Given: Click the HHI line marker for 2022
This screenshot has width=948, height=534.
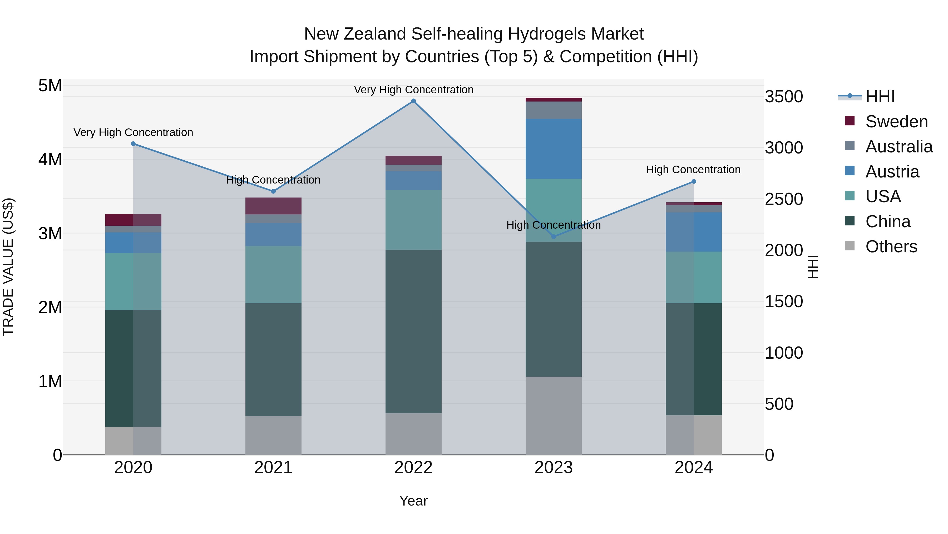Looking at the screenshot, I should [413, 101].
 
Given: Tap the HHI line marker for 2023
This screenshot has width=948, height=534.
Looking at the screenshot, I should [554, 237].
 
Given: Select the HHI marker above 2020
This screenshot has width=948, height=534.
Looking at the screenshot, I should [133, 144].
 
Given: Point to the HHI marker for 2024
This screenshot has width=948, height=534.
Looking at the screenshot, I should [694, 181].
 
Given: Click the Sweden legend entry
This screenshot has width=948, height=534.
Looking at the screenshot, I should [896, 122].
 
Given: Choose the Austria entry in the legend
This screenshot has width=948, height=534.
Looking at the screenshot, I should [892, 172].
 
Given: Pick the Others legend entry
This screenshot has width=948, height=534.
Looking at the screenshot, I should [891, 247].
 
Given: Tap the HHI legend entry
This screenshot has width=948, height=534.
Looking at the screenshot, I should [880, 97].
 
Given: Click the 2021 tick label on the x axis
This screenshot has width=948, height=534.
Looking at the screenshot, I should [273, 468].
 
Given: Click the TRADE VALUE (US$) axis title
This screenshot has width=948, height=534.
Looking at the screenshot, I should [8, 267].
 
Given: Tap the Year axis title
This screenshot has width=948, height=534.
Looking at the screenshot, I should [413, 501].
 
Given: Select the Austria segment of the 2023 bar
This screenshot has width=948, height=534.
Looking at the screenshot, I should [554, 149].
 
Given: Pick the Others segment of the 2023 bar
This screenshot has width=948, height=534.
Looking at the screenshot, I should [554, 415].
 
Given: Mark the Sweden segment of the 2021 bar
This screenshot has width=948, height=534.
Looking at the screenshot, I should [273, 206].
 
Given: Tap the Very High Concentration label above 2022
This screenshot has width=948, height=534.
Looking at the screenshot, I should [413, 90].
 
